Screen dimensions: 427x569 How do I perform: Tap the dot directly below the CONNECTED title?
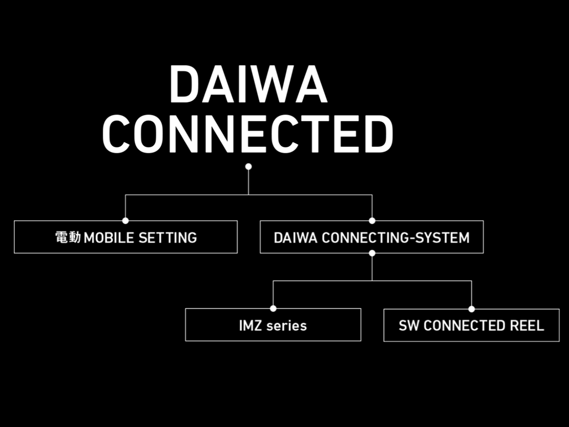click(248, 167)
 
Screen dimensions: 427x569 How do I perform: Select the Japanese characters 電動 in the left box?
click(68, 237)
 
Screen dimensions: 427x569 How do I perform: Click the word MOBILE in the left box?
click(109, 237)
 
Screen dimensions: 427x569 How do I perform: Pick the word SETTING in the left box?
click(167, 237)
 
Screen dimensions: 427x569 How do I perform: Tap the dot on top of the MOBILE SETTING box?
click(125, 221)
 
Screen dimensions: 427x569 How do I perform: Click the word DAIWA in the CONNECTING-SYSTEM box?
click(295, 237)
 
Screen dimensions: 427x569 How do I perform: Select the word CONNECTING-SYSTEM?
click(395, 237)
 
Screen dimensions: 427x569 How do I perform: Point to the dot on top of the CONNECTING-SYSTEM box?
click(372, 221)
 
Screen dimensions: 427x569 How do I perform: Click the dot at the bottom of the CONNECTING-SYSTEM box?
click(372, 253)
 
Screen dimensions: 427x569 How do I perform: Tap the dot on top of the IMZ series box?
click(273, 308)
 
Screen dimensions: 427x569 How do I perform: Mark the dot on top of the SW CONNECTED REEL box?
click(471, 309)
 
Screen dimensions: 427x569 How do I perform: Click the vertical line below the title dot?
click(248, 182)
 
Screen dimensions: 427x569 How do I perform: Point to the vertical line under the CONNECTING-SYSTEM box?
click(372, 268)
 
